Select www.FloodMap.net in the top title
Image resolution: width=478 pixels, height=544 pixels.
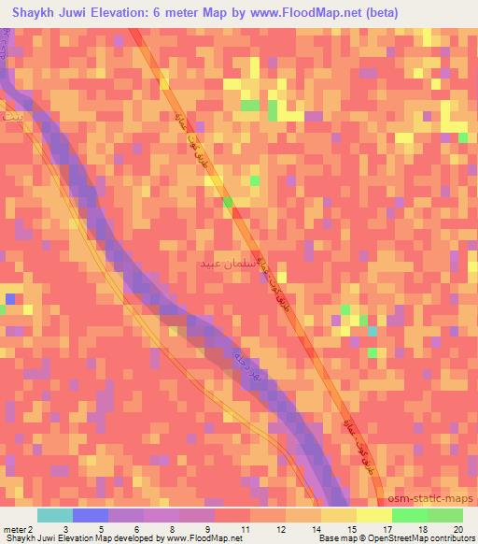click(x=308, y=13)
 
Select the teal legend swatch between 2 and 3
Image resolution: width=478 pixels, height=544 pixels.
click(x=56, y=516)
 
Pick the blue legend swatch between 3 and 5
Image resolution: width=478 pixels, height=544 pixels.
click(x=91, y=516)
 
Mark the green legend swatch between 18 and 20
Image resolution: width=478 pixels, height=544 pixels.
click(x=444, y=516)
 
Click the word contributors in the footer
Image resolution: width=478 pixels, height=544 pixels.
click(x=451, y=537)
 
